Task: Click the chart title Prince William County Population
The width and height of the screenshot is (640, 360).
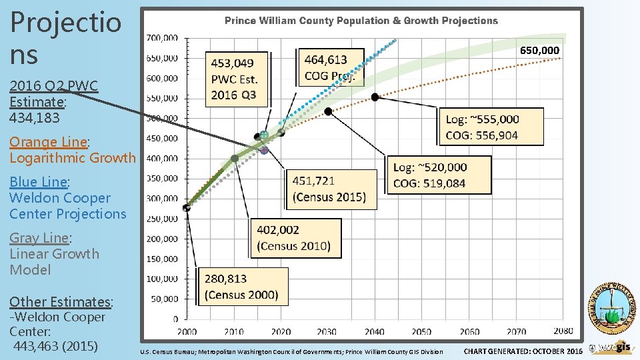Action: pos(361,21)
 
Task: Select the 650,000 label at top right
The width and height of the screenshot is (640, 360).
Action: pos(539,51)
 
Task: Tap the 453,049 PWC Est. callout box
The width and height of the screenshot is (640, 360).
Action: pos(237,79)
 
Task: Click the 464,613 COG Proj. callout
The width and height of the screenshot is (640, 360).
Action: pos(331,67)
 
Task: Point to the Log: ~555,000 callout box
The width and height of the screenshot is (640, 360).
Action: pos(492,127)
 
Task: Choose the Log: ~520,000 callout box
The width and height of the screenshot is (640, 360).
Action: pos(438,175)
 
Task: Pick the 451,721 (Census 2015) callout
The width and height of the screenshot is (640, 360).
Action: pos(329,189)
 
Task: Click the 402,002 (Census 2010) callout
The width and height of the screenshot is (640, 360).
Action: pos(294,238)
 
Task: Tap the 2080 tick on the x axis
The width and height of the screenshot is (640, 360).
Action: pos(563,331)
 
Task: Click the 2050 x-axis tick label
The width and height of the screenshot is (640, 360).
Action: pos(421,331)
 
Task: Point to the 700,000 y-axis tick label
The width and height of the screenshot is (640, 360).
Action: pos(162,38)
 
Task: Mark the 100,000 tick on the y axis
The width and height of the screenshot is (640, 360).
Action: pos(162,279)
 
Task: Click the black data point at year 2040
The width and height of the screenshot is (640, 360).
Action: pos(375,97)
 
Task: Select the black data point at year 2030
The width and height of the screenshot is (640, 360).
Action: pos(328,111)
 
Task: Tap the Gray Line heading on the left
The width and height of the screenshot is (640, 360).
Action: pos(39,238)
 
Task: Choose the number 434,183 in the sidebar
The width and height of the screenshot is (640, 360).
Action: pos(35,118)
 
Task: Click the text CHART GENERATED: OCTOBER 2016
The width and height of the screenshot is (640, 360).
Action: pos(523,351)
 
